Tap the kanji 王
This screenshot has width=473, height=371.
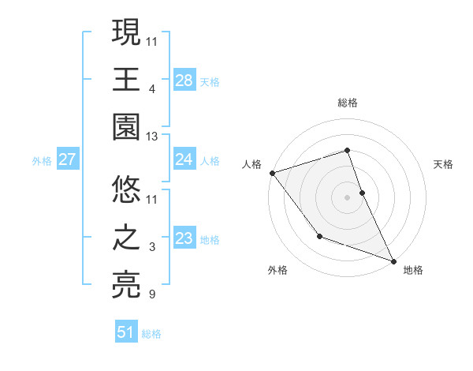point(127,80)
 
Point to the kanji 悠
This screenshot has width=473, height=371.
point(127,189)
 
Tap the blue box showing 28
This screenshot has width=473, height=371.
point(184,81)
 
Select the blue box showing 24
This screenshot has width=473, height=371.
point(184,160)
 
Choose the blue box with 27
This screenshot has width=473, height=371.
point(67,160)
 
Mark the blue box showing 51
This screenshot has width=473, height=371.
point(126,332)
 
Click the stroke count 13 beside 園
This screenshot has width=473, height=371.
point(152,137)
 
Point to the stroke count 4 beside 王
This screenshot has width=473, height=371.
point(152,88)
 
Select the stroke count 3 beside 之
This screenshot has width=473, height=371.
point(152,247)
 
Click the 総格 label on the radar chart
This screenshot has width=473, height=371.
point(348,103)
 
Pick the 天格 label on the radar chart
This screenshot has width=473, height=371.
point(443,164)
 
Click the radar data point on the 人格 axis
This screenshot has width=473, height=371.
point(272,172)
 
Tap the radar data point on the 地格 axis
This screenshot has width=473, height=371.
point(393,260)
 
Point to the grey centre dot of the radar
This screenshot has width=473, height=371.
point(348,197)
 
